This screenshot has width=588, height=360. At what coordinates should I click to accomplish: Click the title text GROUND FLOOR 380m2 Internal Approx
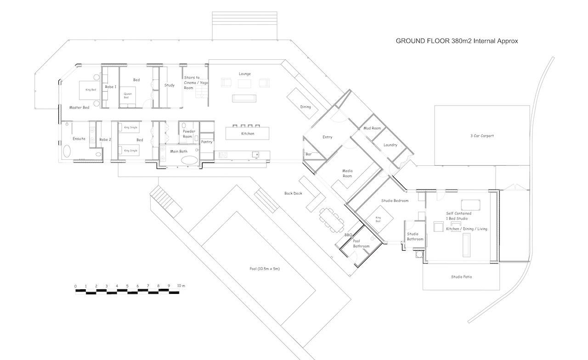pyautogui.click(x=457, y=41)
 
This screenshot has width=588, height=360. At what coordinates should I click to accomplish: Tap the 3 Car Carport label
pyautogui.click(x=482, y=136)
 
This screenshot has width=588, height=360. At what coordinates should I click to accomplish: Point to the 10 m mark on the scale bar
pyautogui.click(x=180, y=286)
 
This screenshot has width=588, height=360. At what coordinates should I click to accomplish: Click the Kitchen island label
pyautogui.click(x=248, y=134)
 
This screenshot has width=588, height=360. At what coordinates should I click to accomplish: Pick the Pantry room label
pyautogui.click(x=207, y=142)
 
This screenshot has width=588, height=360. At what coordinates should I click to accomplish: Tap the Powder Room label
pyautogui.click(x=189, y=134)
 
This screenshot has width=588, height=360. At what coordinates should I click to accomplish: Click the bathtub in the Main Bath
pyautogui.click(x=189, y=161)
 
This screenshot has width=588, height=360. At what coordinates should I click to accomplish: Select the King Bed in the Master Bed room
pyautogui.click(x=90, y=90)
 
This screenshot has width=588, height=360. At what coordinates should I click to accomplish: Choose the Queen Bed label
pyautogui.click(x=127, y=96)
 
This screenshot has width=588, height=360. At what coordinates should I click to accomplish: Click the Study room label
pyautogui.click(x=169, y=85)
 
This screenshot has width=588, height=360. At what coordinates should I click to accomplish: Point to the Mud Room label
pyautogui.click(x=372, y=128)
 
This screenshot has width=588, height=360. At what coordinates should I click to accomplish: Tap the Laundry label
pyautogui.click(x=390, y=145)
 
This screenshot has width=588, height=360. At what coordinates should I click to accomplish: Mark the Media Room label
pyautogui.click(x=347, y=173)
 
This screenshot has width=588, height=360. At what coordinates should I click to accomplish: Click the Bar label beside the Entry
pyautogui.click(x=309, y=154)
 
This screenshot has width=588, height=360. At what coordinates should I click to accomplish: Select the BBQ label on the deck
pyautogui.click(x=348, y=235)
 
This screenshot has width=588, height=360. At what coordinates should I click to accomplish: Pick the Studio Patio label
pyautogui.click(x=461, y=277)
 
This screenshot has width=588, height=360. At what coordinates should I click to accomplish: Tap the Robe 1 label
pyautogui.click(x=111, y=87)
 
